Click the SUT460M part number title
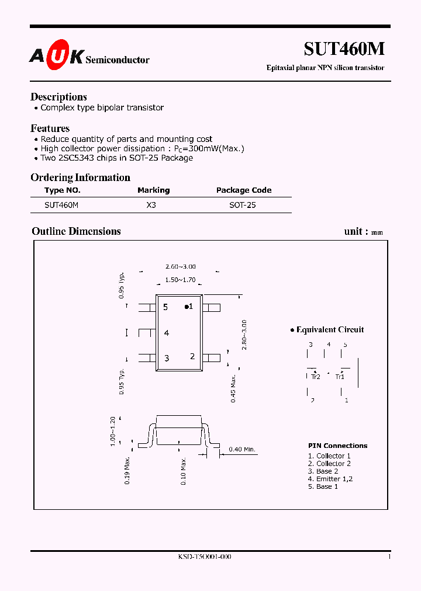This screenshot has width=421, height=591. (344, 50)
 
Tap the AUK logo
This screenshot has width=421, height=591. (57, 56)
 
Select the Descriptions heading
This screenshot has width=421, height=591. (58, 97)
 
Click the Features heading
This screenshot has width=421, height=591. (50, 128)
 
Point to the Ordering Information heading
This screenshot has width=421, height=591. (80, 178)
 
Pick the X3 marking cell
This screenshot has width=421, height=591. (151, 206)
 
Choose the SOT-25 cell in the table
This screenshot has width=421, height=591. (242, 206)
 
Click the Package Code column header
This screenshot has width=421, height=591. (244, 190)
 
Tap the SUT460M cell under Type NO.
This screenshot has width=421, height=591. (61, 206)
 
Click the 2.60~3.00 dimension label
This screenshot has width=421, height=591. (180, 267)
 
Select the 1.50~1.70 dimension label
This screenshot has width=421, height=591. (180, 280)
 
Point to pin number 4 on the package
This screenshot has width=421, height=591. (167, 333)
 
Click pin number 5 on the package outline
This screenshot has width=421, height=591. (166, 307)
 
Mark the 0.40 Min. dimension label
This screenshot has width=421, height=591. (242, 449)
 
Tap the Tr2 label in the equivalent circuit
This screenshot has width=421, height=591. (316, 377)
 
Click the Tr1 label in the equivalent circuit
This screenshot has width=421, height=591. (340, 377)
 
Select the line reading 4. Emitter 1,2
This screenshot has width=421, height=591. (330, 479)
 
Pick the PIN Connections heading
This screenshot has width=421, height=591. (337, 446)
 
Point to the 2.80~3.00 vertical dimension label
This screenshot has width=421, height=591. (244, 335)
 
